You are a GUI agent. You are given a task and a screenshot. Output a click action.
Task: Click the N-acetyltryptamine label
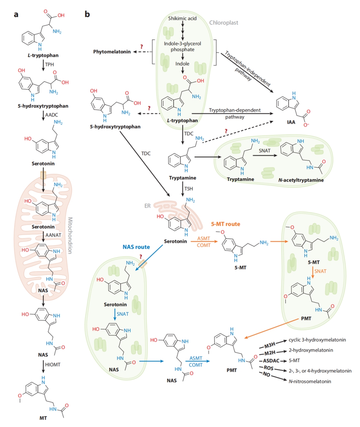[x=297, y=179]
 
